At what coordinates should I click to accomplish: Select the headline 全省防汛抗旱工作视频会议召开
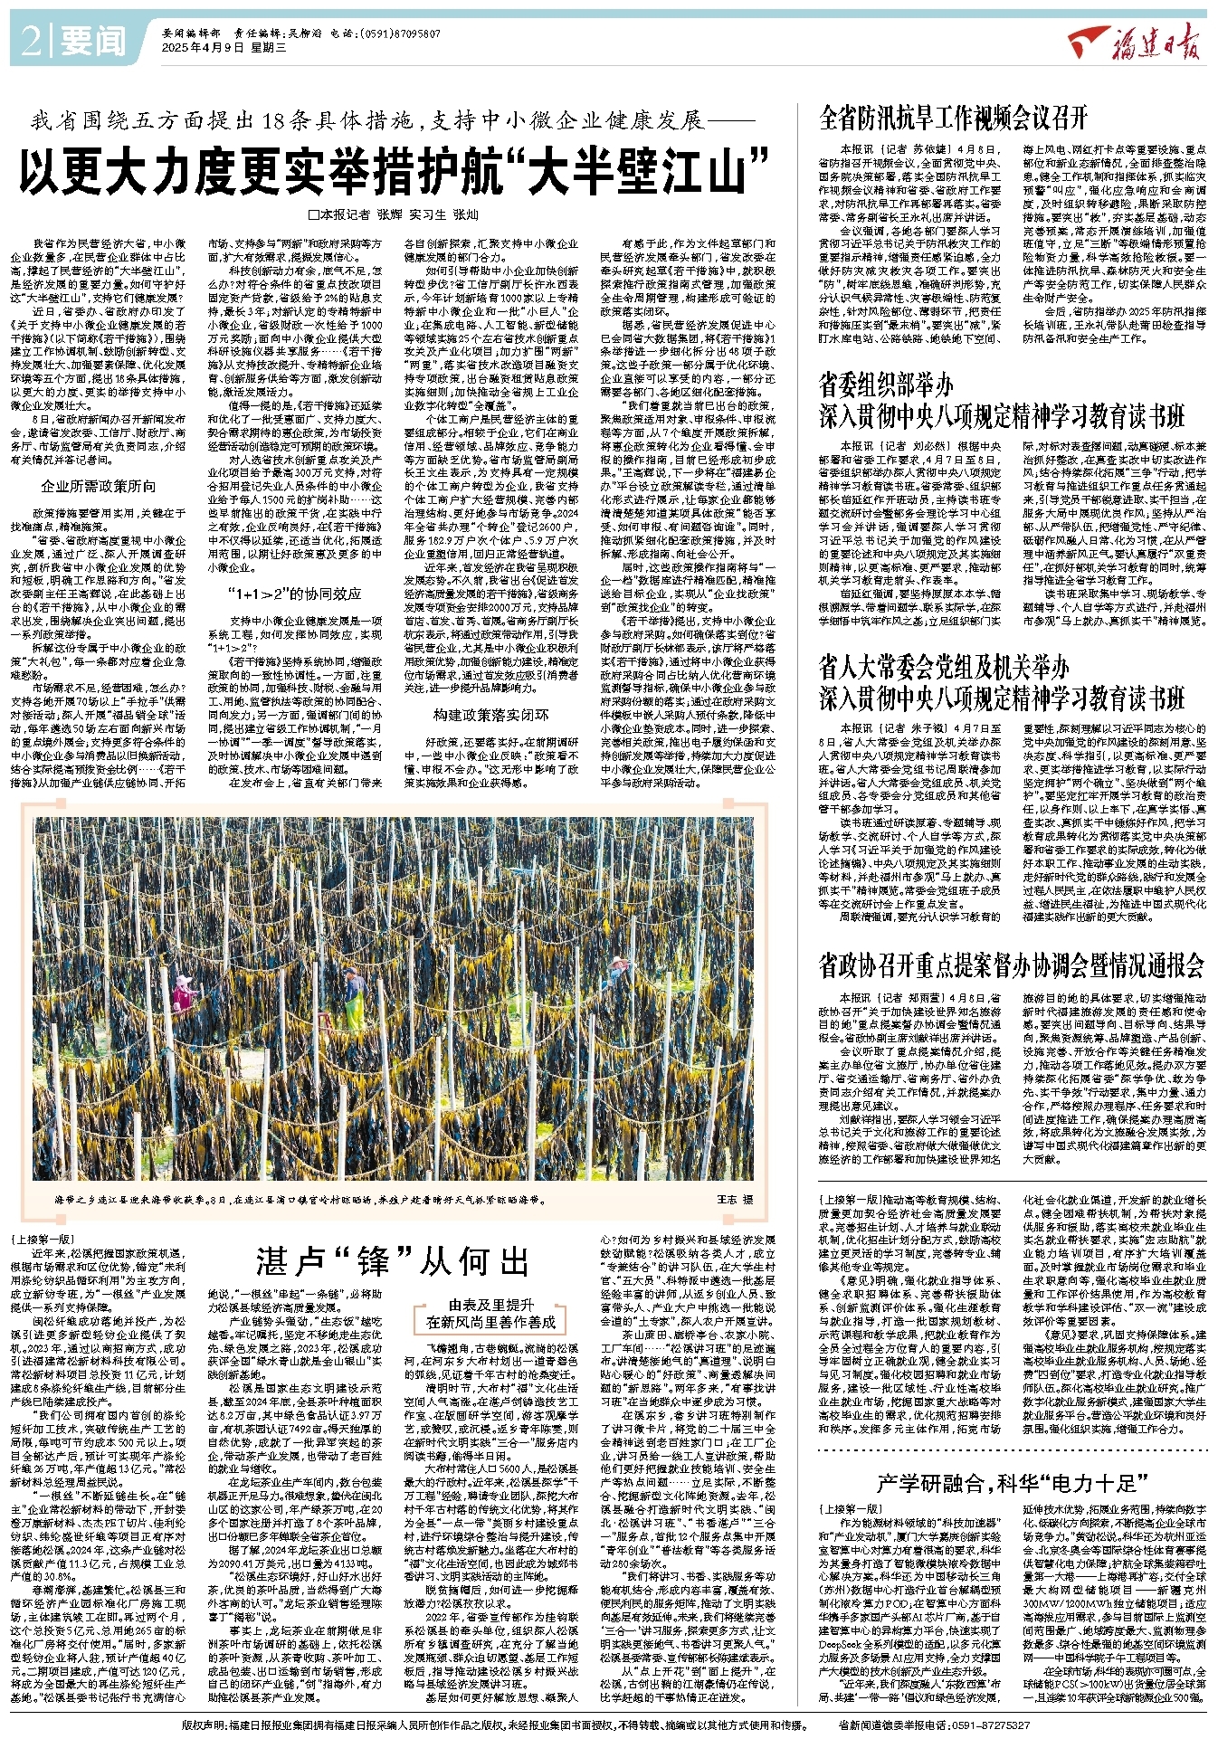pos(952,118)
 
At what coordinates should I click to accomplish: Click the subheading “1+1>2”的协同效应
pos(294,594)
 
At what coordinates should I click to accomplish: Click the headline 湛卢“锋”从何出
pos(392,1260)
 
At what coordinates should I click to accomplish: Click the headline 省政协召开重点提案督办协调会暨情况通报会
pos(1011,965)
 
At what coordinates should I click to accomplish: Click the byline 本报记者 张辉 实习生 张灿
pos(393,214)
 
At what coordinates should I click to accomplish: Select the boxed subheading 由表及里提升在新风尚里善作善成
pos(491,1314)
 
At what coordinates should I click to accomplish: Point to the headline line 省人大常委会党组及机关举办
pos(943,668)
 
